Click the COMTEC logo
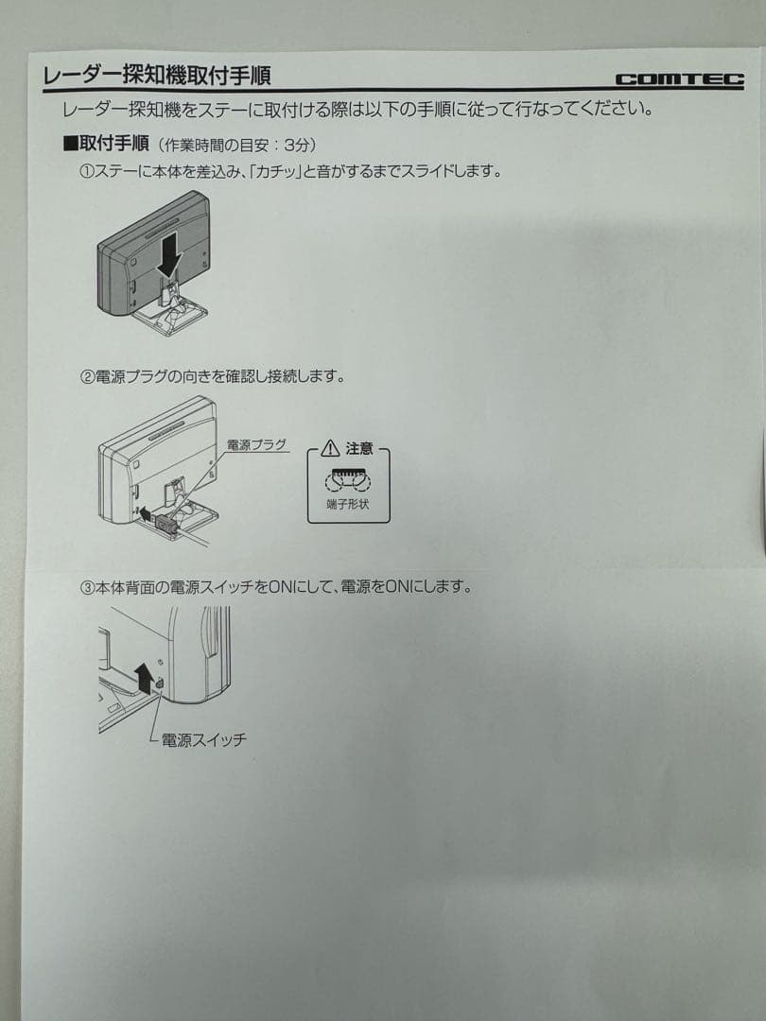click(678, 80)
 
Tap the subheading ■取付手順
click(106, 144)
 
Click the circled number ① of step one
click(85, 172)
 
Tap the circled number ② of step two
click(85, 376)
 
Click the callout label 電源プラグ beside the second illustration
click(256, 444)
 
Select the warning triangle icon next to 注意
click(329, 448)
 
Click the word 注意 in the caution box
click(359, 448)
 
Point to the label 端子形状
click(349, 505)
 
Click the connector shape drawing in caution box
click(349, 478)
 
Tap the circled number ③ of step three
click(85, 587)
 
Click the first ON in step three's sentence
click(281, 587)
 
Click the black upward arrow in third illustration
click(143, 677)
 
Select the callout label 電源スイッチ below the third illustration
click(203, 740)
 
